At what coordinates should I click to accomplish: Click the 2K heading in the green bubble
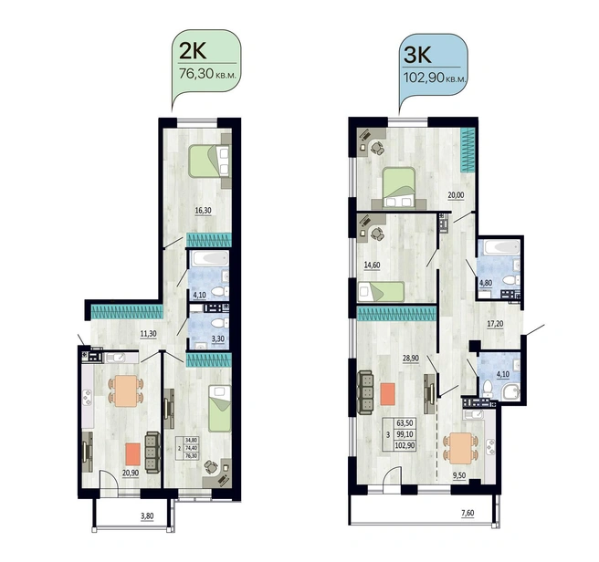click(193, 51)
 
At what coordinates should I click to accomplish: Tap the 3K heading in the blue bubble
click(417, 55)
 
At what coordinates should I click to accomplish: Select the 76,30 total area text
click(196, 73)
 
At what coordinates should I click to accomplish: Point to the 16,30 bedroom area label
click(204, 211)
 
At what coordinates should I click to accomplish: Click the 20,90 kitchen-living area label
click(131, 473)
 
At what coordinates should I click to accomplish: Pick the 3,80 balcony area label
click(147, 516)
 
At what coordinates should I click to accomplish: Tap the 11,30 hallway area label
click(148, 333)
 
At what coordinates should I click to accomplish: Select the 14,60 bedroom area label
click(372, 265)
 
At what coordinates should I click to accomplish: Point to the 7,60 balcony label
click(468, 513)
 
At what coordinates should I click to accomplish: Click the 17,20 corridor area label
click(495, 324)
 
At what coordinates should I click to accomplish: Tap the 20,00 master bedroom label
click(457, 195)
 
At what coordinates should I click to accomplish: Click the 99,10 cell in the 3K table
click(405, 434)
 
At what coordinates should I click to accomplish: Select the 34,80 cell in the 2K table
click(191, 440)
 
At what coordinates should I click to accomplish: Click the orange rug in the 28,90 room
click(388, 394)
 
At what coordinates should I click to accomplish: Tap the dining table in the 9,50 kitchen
click(460, 448)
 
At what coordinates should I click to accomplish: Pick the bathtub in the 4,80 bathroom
click(501, 248)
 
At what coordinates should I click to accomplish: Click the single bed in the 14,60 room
click(381, 291)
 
